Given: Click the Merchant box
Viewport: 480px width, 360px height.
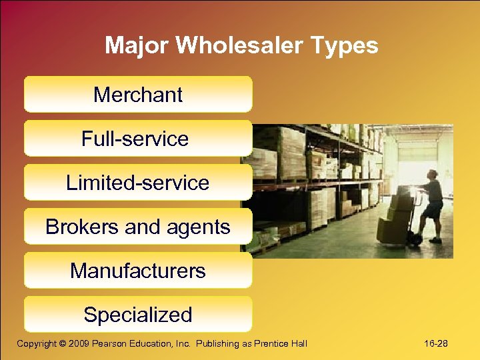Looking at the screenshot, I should [138, 95].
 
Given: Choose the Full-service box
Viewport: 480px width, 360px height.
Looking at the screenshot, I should [135, 139].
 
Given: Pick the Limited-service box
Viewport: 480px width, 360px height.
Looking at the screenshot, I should [138, 183].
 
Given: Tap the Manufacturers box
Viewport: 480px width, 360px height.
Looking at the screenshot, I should [138, 271].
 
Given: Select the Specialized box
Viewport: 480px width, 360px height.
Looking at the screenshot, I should [138, 315].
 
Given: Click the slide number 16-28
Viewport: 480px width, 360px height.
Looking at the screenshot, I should [436, 343].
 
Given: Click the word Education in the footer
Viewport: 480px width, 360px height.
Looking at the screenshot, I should [156, 343].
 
